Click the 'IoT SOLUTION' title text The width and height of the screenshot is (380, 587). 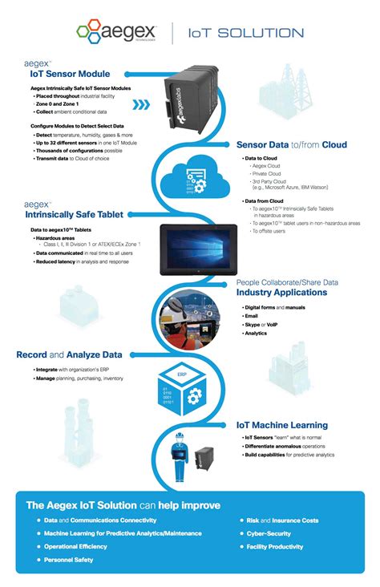(x=245, y=33)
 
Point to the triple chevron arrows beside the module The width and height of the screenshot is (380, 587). (x=140, y=104)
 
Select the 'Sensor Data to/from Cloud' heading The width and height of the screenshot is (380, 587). (x=291, y=145)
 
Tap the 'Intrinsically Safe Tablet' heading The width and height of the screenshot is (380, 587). (x=75, y=216)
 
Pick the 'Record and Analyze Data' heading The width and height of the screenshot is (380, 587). (x=69, y=354)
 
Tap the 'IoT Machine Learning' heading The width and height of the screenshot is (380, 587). (x=281, y=425)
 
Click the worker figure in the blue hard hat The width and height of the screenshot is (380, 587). (x=179, y=458)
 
